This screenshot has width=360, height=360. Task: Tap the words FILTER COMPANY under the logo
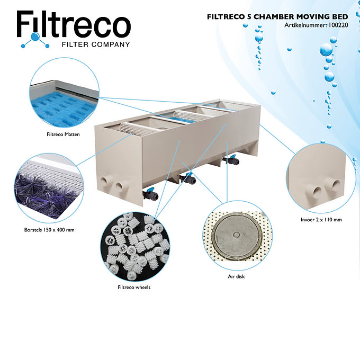[95, 44]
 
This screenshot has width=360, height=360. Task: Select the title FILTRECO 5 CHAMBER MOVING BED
[277, 17]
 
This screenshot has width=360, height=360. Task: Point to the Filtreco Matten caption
[64, 134]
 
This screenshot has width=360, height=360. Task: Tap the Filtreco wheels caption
[134, 287]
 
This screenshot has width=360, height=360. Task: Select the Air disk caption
[236, 276]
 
